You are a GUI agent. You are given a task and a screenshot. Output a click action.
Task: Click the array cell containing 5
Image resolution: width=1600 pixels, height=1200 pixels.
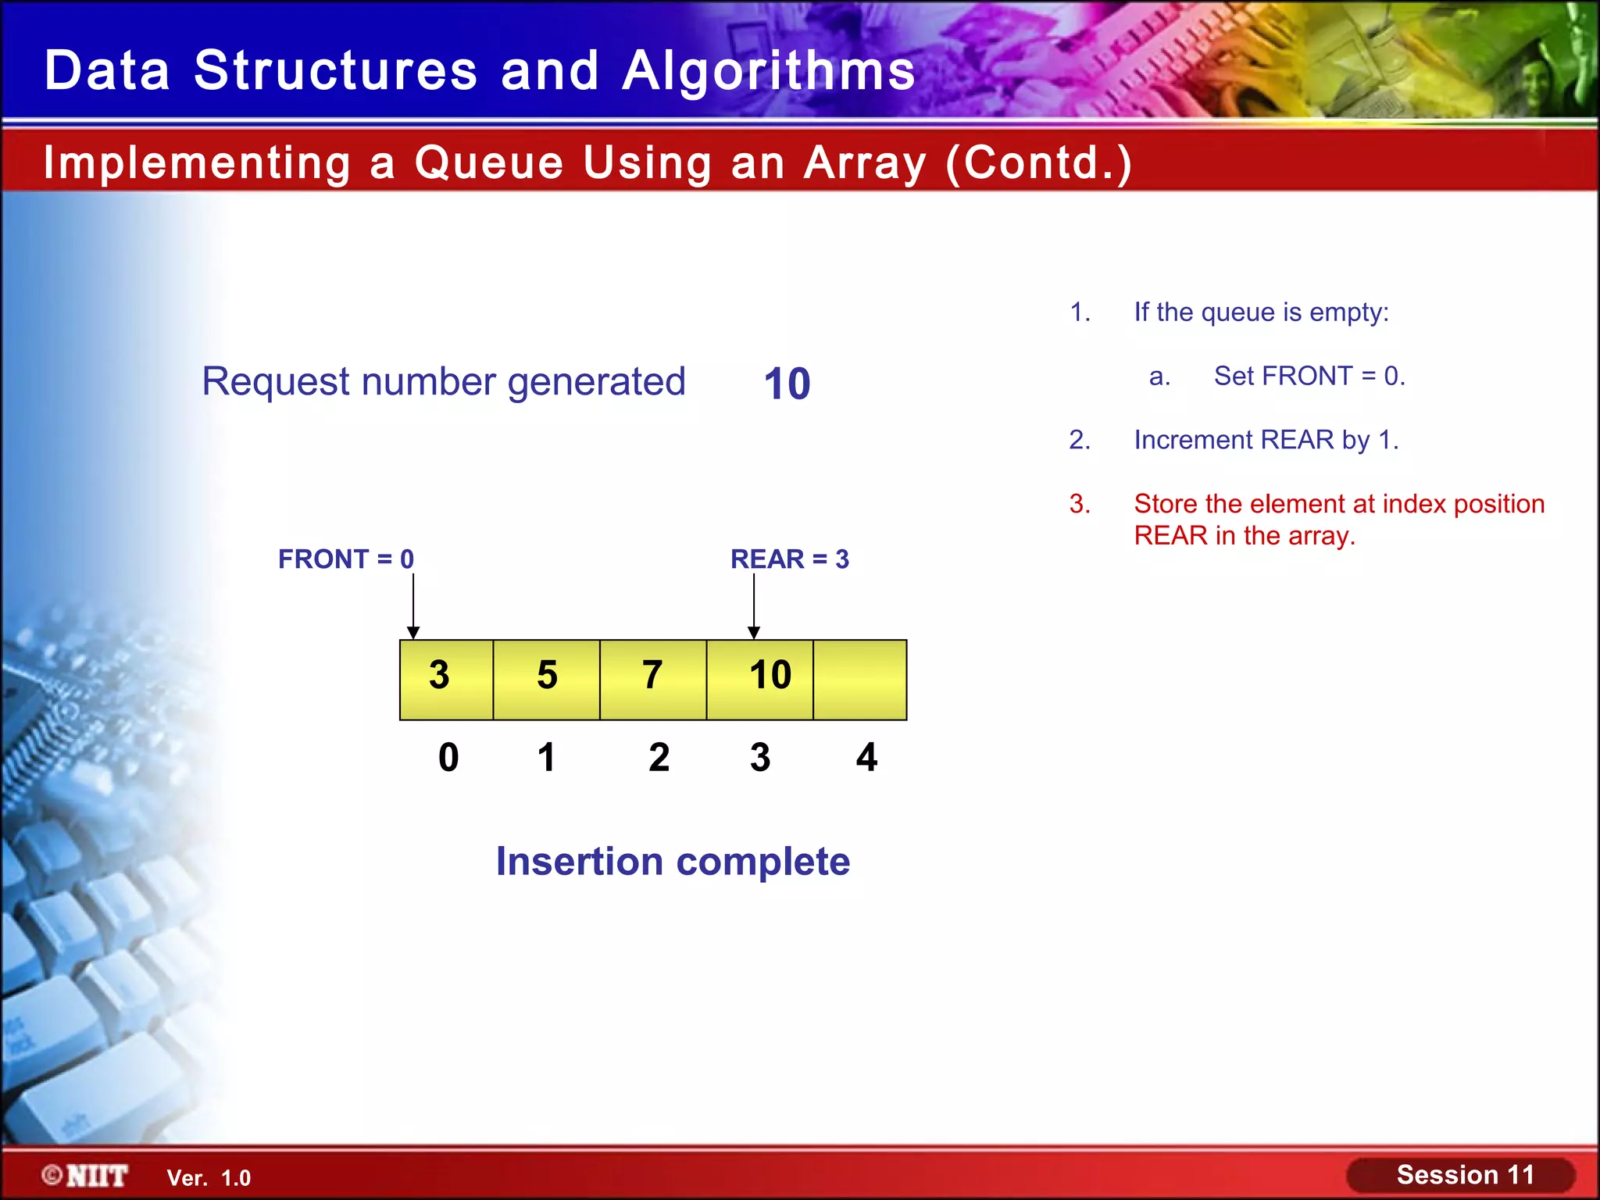(x=546, y=679)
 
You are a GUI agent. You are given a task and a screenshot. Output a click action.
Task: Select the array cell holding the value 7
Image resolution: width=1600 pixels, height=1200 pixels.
(x=652, y=679)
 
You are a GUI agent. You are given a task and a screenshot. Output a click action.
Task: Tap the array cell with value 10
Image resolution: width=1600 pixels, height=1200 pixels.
(x=760, y=679)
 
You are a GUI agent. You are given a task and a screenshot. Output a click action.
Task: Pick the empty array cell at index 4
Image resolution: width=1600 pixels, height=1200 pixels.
(x=859, y=679)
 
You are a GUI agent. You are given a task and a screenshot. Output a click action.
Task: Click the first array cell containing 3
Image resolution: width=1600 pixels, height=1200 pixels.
(x=446, y=679)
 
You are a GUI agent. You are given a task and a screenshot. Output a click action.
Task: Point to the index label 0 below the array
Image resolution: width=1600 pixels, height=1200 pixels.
(x=448, y=757)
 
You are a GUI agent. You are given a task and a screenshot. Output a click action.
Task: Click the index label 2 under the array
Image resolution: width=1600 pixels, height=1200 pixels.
(x=659, y=757)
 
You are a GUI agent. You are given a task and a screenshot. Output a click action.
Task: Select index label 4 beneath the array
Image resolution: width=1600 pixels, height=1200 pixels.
(x=866, y=757)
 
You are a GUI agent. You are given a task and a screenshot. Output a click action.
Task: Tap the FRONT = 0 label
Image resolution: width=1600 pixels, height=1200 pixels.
(x=346, y=559)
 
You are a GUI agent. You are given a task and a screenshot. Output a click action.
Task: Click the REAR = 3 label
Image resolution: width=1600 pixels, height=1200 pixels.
(x=789, y=559)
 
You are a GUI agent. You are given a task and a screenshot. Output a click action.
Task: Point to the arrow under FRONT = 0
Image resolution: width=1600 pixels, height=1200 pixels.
(x=413, y=606)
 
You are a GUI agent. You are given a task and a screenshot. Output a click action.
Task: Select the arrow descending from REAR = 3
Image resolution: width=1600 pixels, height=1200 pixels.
(x=754, y=606)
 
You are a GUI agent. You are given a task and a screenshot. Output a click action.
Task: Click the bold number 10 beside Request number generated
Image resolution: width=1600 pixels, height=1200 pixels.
(x=787, y=384)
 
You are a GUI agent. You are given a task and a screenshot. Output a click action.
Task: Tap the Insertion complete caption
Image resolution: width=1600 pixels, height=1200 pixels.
(x=673, y=862)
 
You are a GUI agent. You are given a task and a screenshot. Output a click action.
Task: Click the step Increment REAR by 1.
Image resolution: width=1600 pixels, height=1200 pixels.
(x=1266, y=440)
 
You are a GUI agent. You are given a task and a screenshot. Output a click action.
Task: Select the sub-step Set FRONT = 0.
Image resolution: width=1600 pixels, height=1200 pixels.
(x=1309, y=376)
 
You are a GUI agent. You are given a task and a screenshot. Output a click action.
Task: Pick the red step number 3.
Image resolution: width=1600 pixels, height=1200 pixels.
(x=1080, y=504)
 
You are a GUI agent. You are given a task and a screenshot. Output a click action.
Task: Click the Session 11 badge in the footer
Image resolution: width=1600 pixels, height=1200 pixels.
(x=1464, y=1175)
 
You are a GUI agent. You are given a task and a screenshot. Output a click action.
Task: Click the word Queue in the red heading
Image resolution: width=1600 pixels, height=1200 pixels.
(x=488, y=163)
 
